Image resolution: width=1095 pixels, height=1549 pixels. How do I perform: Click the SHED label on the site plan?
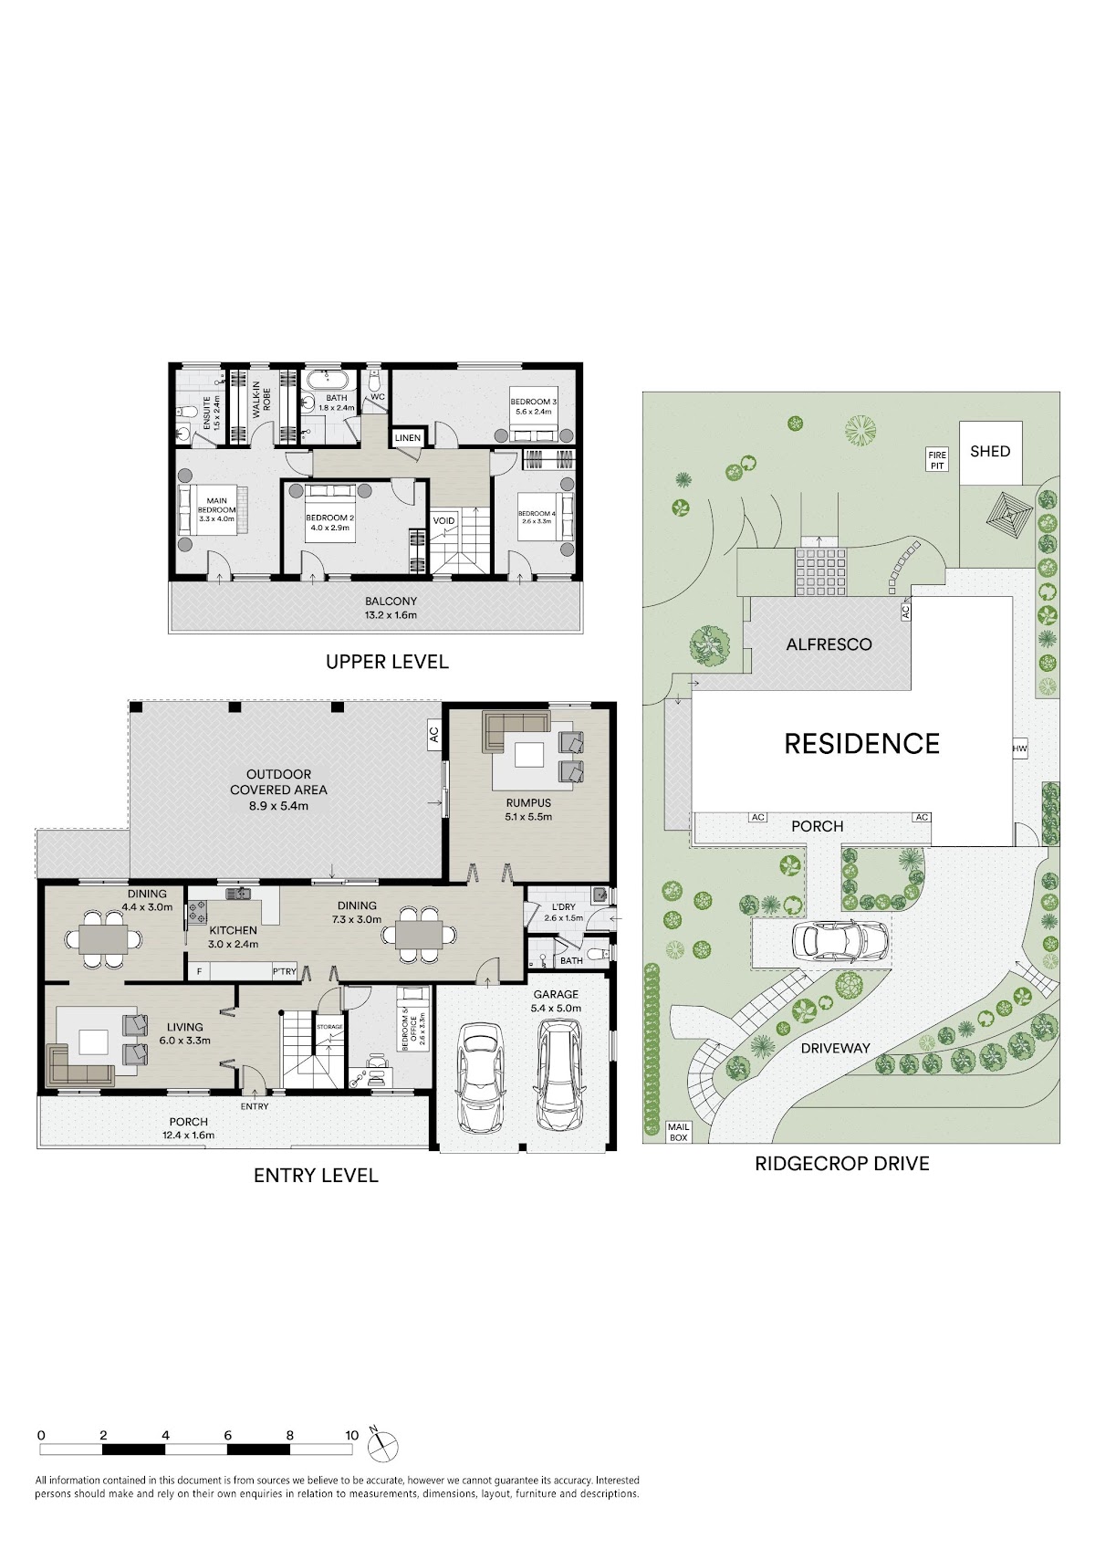click(990, 452)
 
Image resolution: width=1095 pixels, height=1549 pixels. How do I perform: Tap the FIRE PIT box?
click(937, 460)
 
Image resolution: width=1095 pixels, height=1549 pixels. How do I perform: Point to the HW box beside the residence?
click(1019, 748)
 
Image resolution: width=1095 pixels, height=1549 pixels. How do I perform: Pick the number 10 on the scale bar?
click(352, 1435)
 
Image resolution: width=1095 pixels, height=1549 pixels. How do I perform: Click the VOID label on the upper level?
click(443, 520)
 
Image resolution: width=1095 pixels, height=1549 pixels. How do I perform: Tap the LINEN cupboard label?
click(408, 438)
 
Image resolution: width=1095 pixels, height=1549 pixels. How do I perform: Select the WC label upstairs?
click(378, 397)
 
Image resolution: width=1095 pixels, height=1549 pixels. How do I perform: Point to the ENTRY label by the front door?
click(255, 1106)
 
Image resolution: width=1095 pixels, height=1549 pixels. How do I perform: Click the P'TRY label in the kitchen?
click(284, 971)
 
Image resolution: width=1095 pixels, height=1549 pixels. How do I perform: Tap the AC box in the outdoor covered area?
click(434, 735)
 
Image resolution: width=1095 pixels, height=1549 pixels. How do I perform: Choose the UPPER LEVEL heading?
click(387, 662)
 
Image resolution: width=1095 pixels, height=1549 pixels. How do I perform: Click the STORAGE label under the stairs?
click(329, 1027)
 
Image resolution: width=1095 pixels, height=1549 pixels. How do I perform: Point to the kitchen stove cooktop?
click(198, 912)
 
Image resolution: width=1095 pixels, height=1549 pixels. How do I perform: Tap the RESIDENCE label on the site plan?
click(862, 744)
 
